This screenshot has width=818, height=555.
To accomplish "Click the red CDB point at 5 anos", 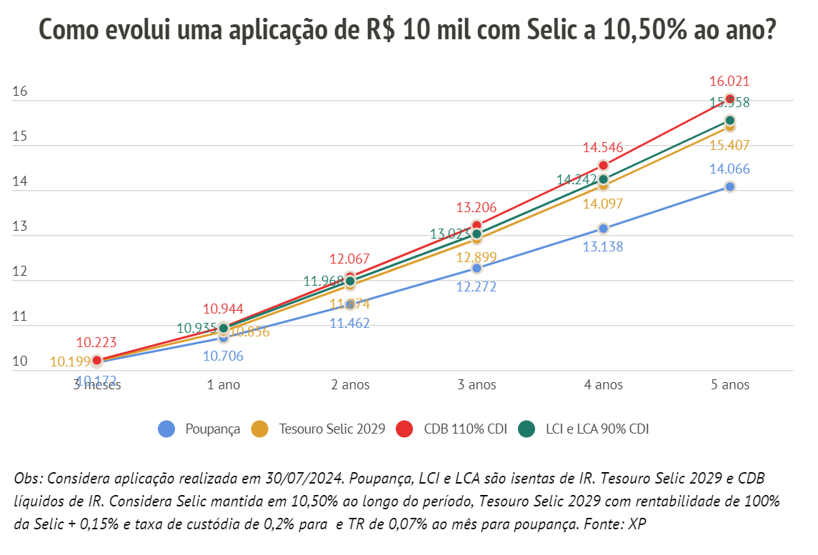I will (729, 99).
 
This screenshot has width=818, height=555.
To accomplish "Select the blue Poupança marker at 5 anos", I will (729, 186).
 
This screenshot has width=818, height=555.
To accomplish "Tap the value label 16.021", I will (729, 81).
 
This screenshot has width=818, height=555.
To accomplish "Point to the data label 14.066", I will (729, 169).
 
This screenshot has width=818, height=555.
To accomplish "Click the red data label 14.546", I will (603, 148).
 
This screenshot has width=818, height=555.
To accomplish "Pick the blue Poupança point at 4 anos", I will (603, 229).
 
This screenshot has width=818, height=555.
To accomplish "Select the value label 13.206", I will (477, 208).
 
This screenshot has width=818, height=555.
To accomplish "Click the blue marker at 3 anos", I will (477, 268).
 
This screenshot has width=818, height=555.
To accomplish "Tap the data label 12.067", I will (350, 259).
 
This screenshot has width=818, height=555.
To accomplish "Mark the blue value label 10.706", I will (223, 356).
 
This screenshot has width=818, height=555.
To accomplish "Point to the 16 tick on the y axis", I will (20, 92).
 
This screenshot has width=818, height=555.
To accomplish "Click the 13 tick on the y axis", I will (20, 227).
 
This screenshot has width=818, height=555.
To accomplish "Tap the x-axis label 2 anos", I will (350, 385).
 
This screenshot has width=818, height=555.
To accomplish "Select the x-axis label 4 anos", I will (603, 385).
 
